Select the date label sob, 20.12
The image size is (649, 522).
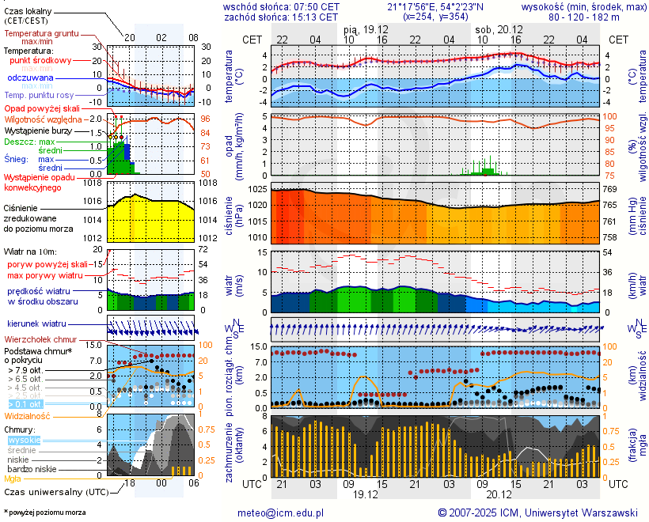pos(494,28)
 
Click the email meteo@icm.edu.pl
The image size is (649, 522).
pos(281,513)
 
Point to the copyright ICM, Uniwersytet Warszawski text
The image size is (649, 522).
pos(538,513)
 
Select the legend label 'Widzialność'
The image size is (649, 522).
pos(28,414)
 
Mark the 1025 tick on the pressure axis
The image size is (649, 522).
pos(259,190)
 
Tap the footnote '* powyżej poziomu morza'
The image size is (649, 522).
pos(44,513)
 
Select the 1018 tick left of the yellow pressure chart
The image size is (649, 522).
pos(93,183)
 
